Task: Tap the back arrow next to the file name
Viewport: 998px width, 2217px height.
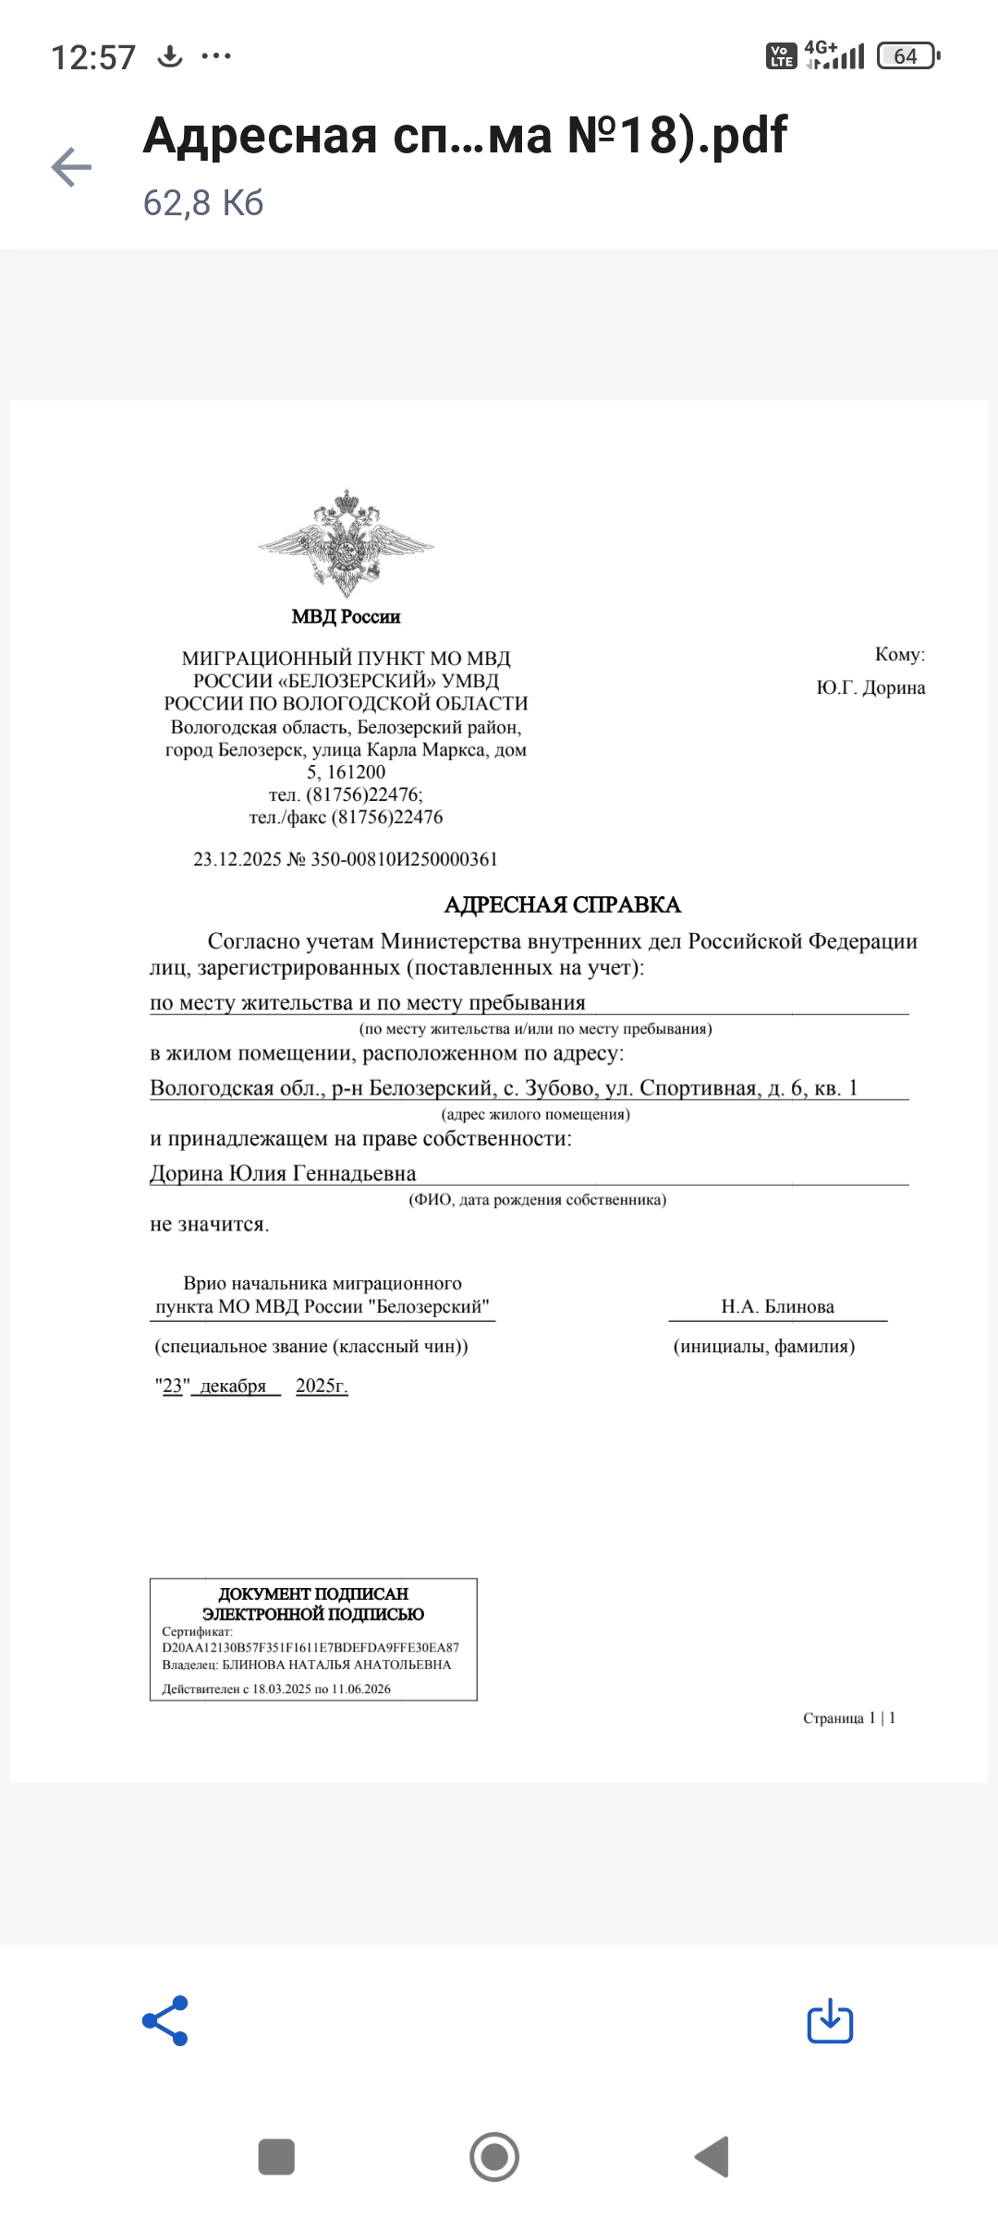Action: point(71,167)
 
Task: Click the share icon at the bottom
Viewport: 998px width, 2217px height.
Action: point(165,2020)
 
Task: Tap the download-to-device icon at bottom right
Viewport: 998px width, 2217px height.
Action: point(830,2020)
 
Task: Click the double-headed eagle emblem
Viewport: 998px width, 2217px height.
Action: point(346,543)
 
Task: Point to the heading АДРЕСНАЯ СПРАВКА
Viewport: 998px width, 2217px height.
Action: point(562,904)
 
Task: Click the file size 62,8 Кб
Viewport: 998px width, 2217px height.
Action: point(203,202)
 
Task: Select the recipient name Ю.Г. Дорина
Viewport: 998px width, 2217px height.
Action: point(870,688)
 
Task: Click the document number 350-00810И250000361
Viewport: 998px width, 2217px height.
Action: point(404,859)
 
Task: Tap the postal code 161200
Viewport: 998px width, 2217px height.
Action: point(357,772)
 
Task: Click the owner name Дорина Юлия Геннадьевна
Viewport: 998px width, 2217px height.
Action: point(283,1173)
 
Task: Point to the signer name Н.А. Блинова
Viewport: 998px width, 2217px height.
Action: point(777,1306)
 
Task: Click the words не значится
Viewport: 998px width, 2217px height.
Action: point(209,1224)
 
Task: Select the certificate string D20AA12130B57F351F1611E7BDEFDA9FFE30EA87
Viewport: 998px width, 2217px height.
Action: point(310,1647)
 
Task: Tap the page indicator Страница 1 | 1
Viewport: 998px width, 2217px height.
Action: point(848,1718)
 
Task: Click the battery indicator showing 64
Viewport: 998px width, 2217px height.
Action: point(907,56)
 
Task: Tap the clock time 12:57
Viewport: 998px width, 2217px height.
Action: point(93,57)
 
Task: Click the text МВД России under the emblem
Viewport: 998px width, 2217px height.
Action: point(346,616)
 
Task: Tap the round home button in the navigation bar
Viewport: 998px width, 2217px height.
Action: point(494,2157)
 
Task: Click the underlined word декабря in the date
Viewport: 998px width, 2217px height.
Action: point(233,1386)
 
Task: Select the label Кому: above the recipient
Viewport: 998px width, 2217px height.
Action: point(899,654)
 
